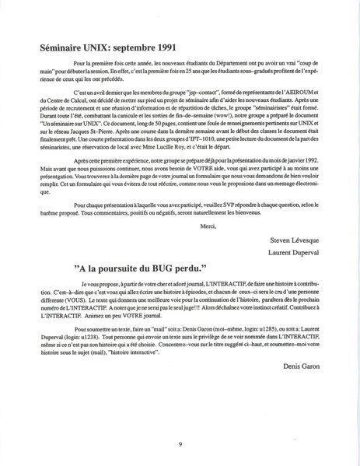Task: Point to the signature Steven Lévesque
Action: [x=296, y=240]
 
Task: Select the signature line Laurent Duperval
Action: [x=296, y=253]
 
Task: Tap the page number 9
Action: [x=180, y=443]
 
